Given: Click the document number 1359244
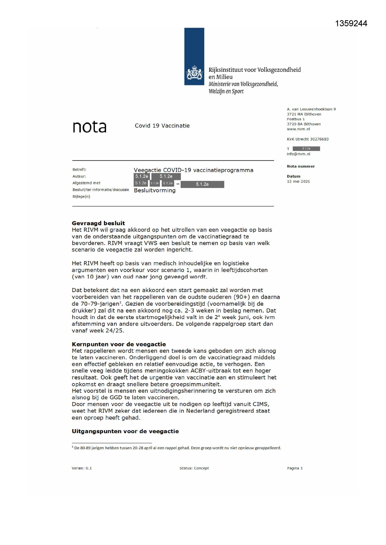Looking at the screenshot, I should coord(351,24).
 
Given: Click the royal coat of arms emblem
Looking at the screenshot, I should coord(194,73).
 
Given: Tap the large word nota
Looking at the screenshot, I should coord(90,127).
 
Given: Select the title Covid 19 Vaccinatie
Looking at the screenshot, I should coord(162,126).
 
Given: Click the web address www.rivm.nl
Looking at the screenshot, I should coord(298,129).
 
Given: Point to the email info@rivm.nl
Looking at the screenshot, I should coord(298,154).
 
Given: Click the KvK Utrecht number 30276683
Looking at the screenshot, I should coord(308,139).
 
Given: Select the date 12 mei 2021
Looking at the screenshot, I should coord(298,181).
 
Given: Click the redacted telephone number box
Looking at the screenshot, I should coord(306,149).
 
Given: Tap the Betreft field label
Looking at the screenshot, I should coord(79,170).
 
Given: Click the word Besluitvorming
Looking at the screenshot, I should coord(155,190).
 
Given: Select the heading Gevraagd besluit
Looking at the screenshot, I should coord(98,223).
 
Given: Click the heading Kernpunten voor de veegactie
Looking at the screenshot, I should coord(119,344).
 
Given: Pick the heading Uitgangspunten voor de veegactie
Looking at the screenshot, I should coord(125,431).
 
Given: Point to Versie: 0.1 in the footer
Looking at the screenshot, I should coord(82,468).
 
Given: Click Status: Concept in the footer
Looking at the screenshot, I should coord(194,468).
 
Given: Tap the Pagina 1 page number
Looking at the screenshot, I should coord(295,468).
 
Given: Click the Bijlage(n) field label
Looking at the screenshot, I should coord(81,197).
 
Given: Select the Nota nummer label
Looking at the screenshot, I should coord(300,167).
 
